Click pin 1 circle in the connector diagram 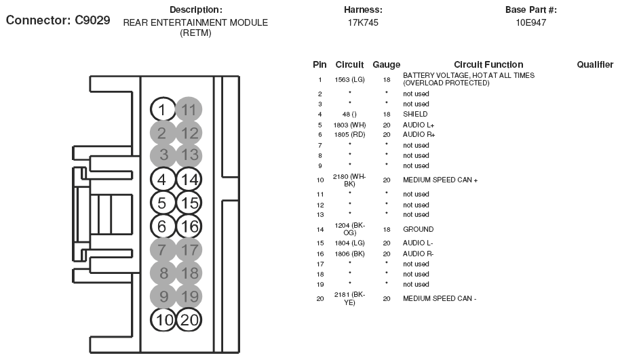[162, 110]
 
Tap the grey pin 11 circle [189, 110]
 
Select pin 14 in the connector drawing [189, 180]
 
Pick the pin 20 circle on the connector [189, 320]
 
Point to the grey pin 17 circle [189, 250]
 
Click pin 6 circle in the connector [162, 226]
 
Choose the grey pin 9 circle [162, 296]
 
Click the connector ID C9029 [83, 20]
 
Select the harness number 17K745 [363, 22]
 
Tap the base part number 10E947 [531, 22]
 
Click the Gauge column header [386, 65]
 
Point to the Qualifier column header [595, 65]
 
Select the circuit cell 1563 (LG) [350, 79]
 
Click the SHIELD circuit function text [415, 115]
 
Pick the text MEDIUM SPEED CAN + [440, 180]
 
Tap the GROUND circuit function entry [418, 230]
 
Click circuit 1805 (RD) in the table [350, 135]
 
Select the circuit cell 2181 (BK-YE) [350, 298]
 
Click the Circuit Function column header [488, 65]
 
